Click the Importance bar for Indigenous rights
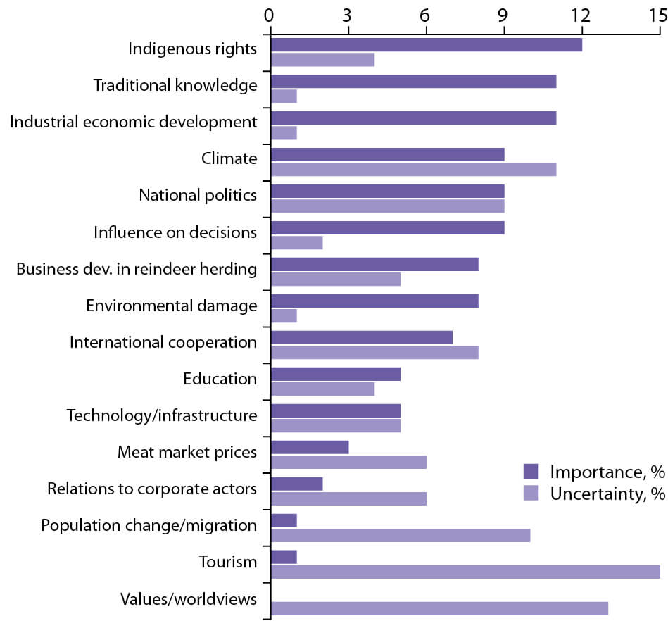(x=426, y=45)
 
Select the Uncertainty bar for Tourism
(x=465, y=571)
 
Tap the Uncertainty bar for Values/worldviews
(x=439, y=608)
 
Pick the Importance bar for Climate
(x=387, y=155)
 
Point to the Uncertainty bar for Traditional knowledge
(x=284, y=96)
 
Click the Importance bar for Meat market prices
(x=310, y=447)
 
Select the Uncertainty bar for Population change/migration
(x=400, y=535)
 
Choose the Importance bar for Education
(x=336, y=374)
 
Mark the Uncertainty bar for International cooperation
(x=374, y=352)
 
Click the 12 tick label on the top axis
(x=581, y=14)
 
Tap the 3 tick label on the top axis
(x=347, y=14)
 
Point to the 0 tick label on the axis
(x=269, y=14)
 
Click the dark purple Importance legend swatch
(x=531, y=471)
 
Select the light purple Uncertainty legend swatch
(x=531, y=493)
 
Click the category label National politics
(x=198, y=195)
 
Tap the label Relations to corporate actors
(x=152, y=489)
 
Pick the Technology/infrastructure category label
(x=162, y=415)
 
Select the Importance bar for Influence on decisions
(x=387, y=228)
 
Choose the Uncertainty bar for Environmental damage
(x=284, y=315)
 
